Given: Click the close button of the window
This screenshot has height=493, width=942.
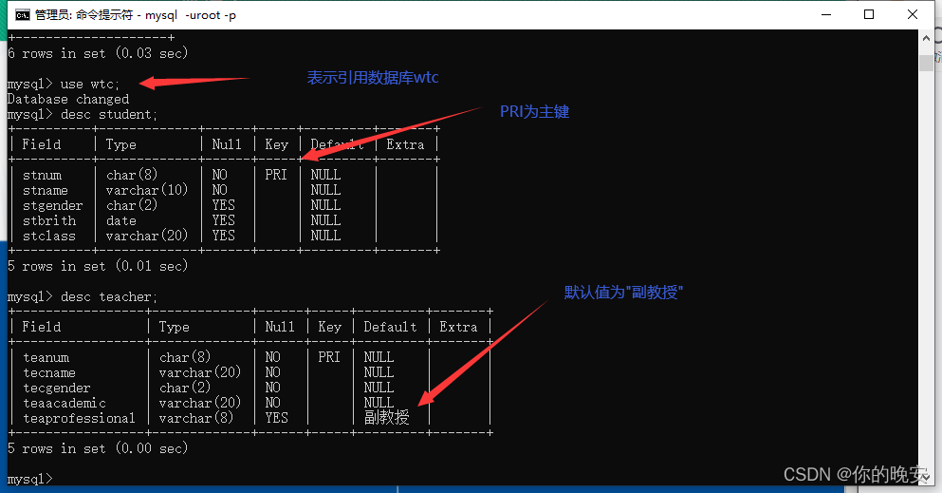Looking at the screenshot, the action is (x=912, y=14).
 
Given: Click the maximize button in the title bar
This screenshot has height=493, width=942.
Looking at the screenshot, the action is (x=868, y=14).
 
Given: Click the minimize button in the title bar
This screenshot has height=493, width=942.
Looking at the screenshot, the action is (x=824, y=14).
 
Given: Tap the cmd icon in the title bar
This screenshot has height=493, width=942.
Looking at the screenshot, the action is (x=21, y=14).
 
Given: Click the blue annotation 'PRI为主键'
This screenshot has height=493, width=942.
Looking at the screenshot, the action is (x=534, y=112).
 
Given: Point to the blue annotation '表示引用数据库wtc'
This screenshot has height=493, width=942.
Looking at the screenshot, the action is (x=373, y=78).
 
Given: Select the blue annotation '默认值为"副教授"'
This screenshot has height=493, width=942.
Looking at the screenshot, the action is (x=623, y=293).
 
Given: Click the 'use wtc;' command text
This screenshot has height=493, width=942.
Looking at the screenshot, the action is (x=104, y=84).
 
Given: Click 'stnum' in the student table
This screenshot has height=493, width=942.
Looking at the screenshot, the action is (x=43, y=175).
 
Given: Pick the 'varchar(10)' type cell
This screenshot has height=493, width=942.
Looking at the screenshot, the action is (x=147, y=190).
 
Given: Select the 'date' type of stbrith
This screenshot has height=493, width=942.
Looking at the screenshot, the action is (x=121, y=220).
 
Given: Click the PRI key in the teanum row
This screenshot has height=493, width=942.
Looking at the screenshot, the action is (x=329, y=357).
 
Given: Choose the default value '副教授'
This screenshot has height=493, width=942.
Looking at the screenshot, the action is (x=387, y=418).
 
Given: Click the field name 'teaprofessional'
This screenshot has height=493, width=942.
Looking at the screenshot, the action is (x=80, y=418).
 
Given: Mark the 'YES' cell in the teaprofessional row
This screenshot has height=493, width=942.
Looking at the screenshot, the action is (x=277, y=418).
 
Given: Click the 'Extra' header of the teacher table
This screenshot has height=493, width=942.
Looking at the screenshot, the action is (x=459, y=327).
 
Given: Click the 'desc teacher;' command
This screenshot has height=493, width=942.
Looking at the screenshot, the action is (x=109, y=296).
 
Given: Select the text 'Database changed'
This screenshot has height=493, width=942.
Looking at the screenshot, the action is (x=68, y=99).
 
